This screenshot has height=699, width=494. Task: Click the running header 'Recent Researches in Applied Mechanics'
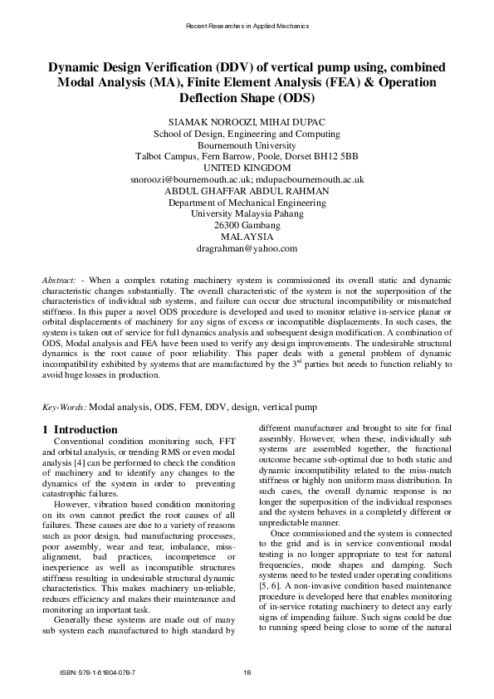click(x=247, y=26)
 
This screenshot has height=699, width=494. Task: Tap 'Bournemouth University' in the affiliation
click(x=247, y=144)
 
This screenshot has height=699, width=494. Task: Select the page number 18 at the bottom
click(x=247, y=672)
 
